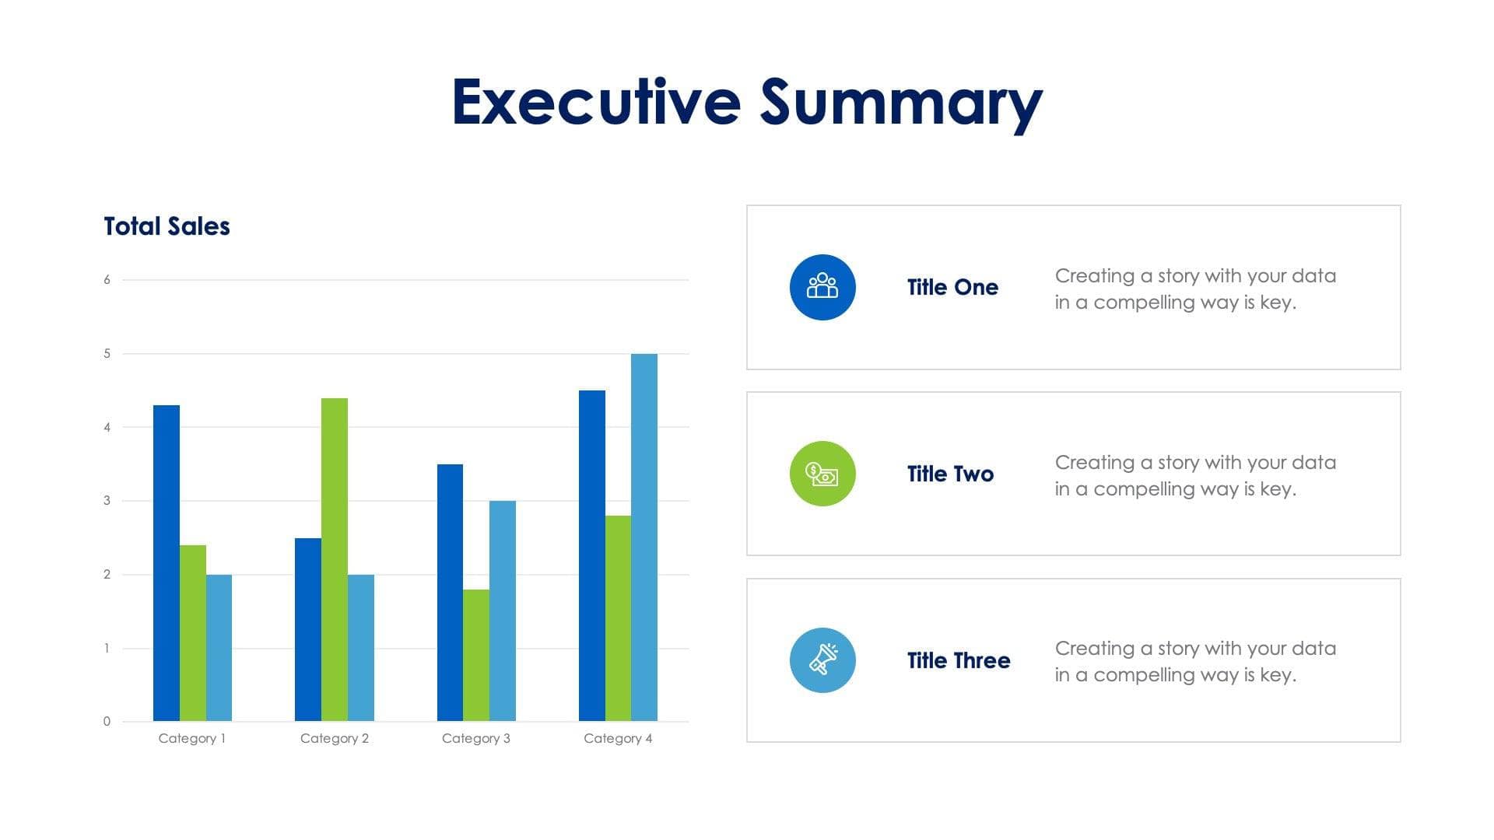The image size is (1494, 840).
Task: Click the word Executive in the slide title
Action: pyautogui.click(x=596, y=102)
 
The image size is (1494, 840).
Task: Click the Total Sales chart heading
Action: pyautogui.click(x=167, y=226)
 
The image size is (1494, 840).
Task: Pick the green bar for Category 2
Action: pyautogui.click(x=335, y=559)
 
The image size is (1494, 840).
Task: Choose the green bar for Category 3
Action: pyautogui.click(x=476, y=655)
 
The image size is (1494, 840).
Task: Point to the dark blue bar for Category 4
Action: pyautogui.click(x=592, y=555)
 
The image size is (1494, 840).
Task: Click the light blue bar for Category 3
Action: pyautogui.click(x=503, y=611)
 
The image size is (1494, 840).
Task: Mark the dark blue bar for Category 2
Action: pyautogui.click(x=308, y=629)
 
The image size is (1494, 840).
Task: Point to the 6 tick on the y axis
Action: pyautogui.click(x=107, y=280)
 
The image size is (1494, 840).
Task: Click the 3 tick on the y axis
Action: pyautogui.click(x=107, y=501)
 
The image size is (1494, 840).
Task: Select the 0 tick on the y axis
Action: pyautogui.click(x=107, y=722)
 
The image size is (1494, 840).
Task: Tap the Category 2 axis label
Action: pyautogui.click(x=335, y=738)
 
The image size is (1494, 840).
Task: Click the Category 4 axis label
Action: pyautogui.click(x=618, y=738)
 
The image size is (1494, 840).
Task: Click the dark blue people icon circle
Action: pyautogui.click(x=822, y=287)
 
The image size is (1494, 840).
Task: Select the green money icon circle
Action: pyautogui.click(x=822, y=474)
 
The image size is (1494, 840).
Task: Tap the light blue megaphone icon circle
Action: pyautogui.click(x=822, y=660)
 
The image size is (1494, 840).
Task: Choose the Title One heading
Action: pyautogui.click(x=952, y=287)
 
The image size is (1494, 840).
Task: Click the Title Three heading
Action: pyautogui.click(x=959, y=660)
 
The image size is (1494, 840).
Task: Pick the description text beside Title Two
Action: pyautogui.click(x=1195, y=475)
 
